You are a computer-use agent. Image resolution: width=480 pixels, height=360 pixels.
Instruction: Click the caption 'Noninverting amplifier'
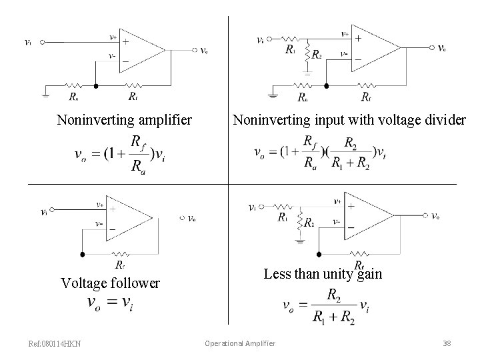point(125,121)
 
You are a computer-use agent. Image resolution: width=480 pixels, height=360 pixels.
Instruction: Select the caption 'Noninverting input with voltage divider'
point(349,121)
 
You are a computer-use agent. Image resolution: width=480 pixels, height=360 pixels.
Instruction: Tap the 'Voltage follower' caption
point(110,283)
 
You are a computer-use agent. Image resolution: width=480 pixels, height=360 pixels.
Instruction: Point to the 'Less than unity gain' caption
point(323,274)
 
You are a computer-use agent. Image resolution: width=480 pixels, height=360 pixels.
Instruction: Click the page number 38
point(447,343)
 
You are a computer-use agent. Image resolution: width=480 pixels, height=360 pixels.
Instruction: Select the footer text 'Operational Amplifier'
point(240,343)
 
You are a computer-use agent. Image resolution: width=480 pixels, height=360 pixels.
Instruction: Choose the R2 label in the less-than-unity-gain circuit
point(309,224)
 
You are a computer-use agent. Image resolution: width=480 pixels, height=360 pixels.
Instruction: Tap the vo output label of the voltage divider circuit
point(442,48)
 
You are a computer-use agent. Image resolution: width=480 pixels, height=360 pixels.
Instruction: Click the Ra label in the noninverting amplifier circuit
point(73,96)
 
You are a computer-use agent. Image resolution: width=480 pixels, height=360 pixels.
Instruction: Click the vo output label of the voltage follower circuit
point(192,218)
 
